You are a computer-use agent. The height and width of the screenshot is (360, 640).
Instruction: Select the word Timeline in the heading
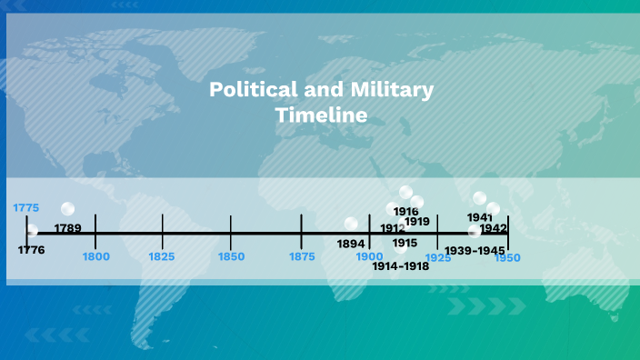(x=321, y=115)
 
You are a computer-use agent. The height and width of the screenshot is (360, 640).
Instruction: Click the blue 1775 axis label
(x=26, y=208)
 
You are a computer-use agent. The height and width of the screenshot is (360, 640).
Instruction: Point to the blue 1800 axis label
(x=95, y=257)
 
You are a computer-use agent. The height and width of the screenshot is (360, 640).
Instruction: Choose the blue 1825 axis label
(x=163, y=257)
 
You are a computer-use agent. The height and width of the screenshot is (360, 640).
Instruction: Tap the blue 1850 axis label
(x=231, y=257)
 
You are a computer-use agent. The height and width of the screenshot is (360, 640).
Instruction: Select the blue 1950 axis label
(x=507, y=258)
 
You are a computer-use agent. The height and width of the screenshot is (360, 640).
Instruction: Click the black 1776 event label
(x=31, y=249)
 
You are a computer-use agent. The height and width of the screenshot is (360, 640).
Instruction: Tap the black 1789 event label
(x=68, y=227)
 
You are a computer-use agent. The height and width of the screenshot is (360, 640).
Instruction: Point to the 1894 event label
(x=351, y=244)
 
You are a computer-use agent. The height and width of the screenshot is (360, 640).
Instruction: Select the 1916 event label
(x=405, y=211)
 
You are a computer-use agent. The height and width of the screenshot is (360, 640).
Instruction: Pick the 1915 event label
(x=405, y=243)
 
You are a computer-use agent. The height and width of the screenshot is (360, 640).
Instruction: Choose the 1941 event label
(x=479, y=217)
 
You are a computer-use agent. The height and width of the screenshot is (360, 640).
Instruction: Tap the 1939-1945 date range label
(x=475, y=250)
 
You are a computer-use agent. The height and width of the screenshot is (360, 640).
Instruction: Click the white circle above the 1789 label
(x=67, y=210)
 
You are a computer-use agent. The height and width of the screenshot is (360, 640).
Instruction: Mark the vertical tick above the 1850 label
(x=231, y=225)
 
